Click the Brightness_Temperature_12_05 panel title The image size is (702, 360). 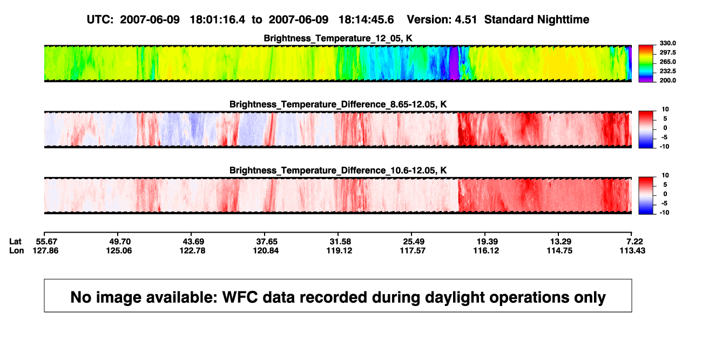(x=338, y=38)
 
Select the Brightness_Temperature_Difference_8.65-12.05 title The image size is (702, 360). (x=338, y=104)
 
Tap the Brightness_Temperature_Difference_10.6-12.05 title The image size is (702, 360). (x=338, y=171)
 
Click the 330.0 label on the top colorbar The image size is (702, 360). (x=667, y=43)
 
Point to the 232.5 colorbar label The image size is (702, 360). (x=667, y=71)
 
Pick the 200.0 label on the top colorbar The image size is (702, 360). (x=667, y=80)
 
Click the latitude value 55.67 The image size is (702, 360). (x=46, y=242)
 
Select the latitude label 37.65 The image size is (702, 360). (x=267, y=242)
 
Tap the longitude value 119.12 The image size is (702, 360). (x=339, y=250)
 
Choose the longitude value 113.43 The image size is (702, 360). (x=632, y=250)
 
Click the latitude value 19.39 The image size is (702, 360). (x=487, y=242)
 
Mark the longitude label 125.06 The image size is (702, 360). (x=119, y=250)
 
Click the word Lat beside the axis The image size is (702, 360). (x=15, y=242)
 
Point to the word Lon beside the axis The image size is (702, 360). (x=17, y=250)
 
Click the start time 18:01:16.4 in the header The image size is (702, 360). (x=218, y=19)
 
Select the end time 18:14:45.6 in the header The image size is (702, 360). (x=366, y=19)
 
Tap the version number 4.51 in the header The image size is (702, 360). (x=466, y=19)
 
